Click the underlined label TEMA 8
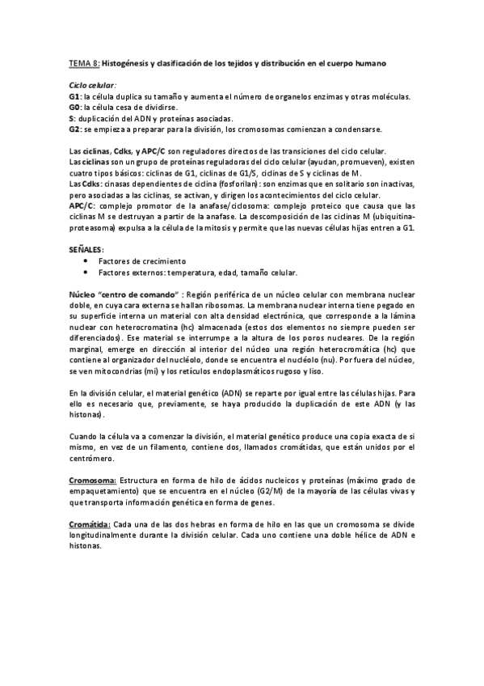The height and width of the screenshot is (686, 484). click(82, 63)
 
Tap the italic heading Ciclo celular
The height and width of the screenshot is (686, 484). click(92, 85)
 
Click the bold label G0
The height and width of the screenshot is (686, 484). click(74, 107)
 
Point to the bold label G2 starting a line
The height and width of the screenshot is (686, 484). click(74, 129)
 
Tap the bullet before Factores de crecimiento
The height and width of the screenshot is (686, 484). click(87, 262)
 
